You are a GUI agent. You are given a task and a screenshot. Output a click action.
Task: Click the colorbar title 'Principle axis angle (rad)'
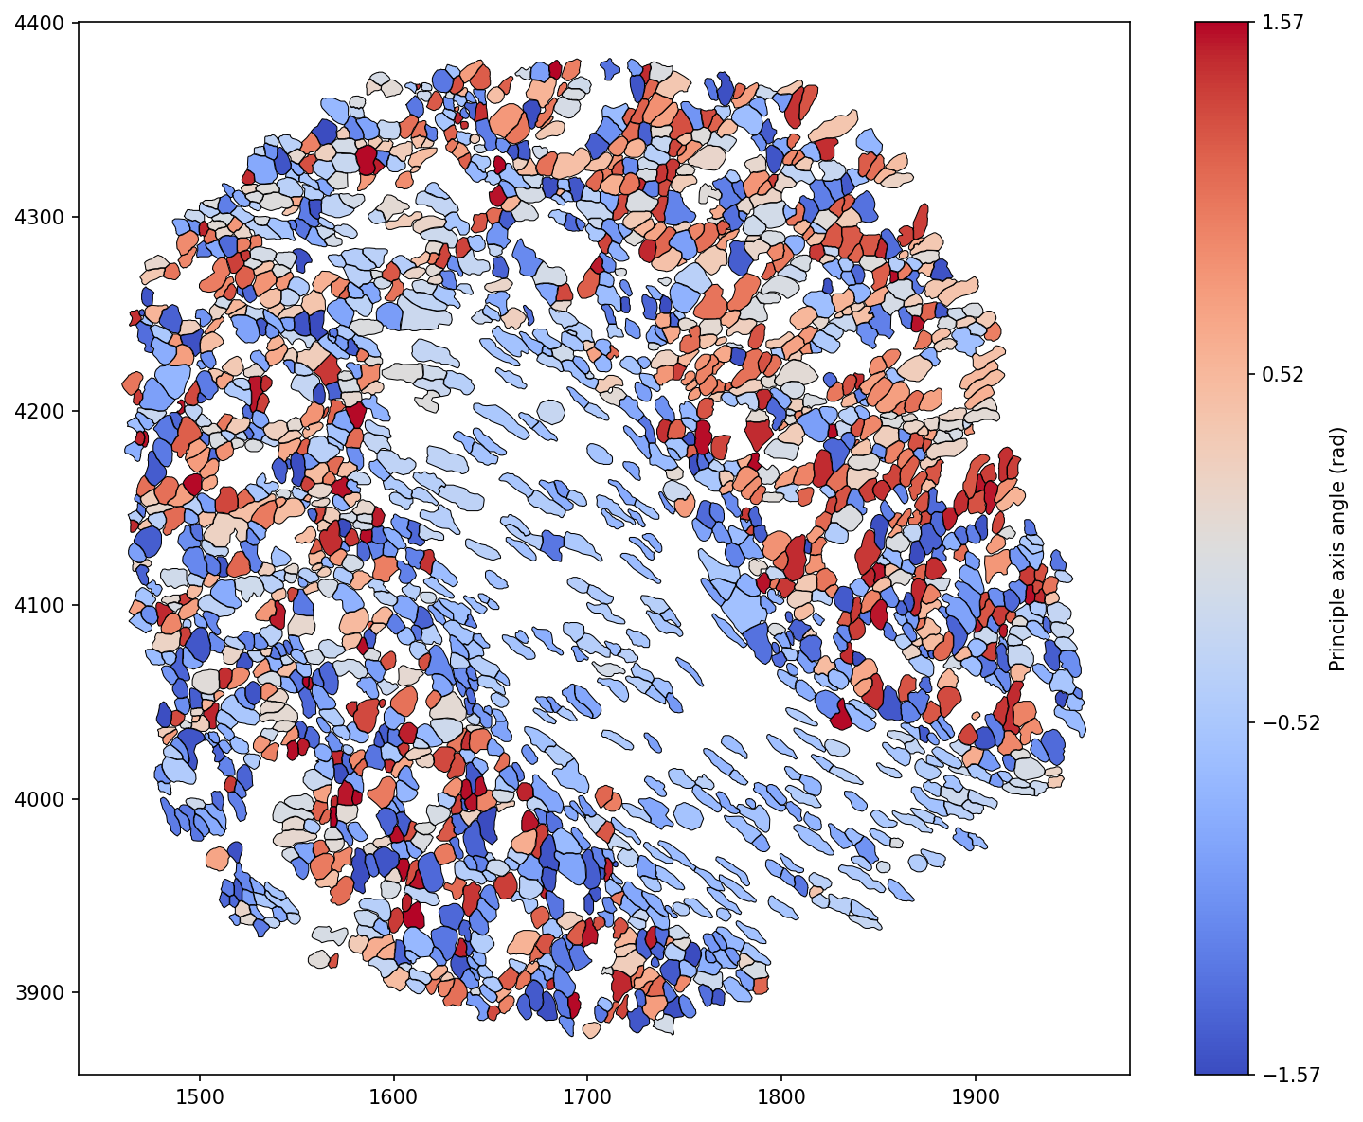tap(1337, 548)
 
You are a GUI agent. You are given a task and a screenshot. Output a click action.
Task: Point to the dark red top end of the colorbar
tap(1221, 28)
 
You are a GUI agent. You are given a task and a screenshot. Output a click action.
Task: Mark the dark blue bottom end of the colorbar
tap(1221, 1068)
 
